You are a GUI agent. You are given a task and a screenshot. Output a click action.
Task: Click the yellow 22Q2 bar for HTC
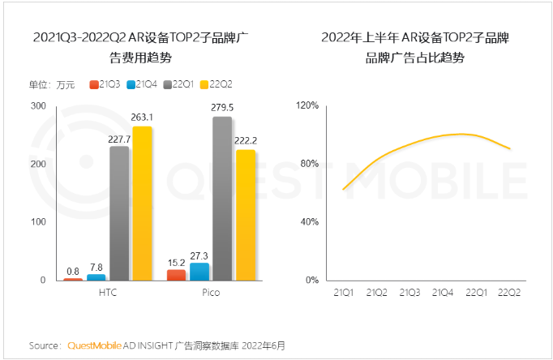(143, 204)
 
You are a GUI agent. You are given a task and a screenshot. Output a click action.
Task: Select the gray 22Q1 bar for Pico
(222, 199)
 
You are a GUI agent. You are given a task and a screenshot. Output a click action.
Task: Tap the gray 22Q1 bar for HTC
(119, 213)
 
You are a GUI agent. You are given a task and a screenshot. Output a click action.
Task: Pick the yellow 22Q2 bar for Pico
(246, 215)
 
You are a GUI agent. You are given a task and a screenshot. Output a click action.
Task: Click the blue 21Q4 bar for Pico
(199, 272)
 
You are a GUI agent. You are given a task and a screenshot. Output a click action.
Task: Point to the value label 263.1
(143, 115)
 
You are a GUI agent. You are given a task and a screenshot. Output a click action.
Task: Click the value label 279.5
(222, 106)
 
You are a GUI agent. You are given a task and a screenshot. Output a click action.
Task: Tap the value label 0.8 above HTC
(73, 271)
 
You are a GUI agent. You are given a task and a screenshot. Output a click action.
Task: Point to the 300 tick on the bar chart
(38, 106)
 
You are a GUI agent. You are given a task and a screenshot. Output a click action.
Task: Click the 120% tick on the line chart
(312, 106)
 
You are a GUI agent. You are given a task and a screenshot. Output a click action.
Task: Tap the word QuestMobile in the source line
(93, 345)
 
